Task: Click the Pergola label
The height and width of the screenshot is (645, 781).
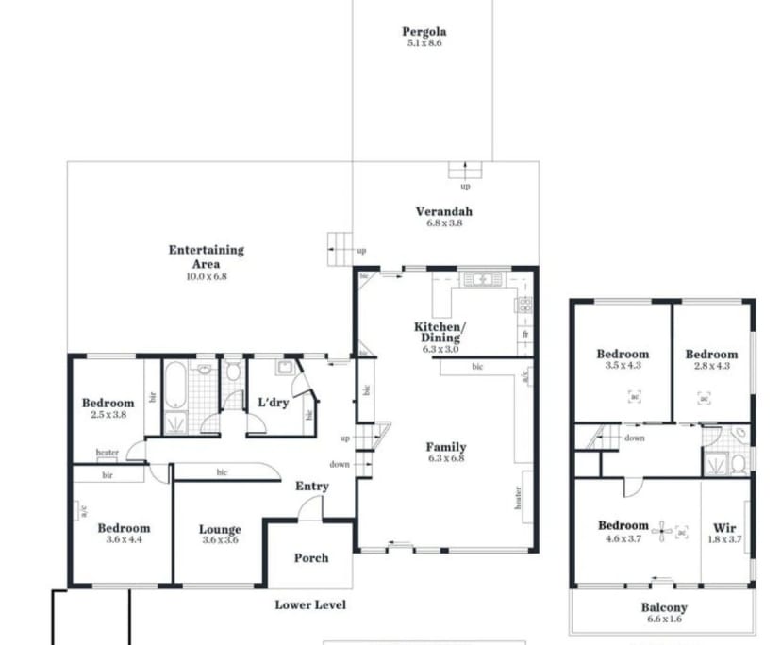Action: pyautogui.click(x=424, y=32)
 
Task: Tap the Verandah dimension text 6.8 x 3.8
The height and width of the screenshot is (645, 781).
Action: pyautogui.click(x=443, y=223)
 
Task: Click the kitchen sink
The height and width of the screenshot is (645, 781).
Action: pyautogui.click(x=482, y=279)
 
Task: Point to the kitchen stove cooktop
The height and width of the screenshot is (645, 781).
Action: pyautogui.click(x=524, y=305)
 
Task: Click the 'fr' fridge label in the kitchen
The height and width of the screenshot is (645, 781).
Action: pyautogui.click(x=524, y=335)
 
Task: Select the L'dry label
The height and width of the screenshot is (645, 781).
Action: pyautogui.click(x=273, y=403)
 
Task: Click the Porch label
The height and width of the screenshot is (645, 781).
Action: pyautogui.click(x=310, y=557)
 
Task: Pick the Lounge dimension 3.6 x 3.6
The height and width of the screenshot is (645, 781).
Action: pyautogui.click(x=220, y=541)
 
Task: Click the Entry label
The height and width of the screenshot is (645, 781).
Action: pyautogui.click(x=312, y=486)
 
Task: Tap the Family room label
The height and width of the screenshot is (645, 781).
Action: pyautogui.click(x=445, y=447)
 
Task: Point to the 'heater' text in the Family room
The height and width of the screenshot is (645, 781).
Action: pyautogui.click(x=518, y=497)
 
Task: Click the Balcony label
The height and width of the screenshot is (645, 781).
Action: pyautogui.click(x=664, y=608)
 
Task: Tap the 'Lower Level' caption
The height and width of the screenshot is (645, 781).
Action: pyautogui.click(x=310, y=604)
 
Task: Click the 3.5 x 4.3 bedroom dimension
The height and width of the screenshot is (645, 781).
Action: pyautogui.click(x=623, y=366)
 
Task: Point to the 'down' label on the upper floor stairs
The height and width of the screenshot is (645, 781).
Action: pyautogui.click(x=635, y=438)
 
